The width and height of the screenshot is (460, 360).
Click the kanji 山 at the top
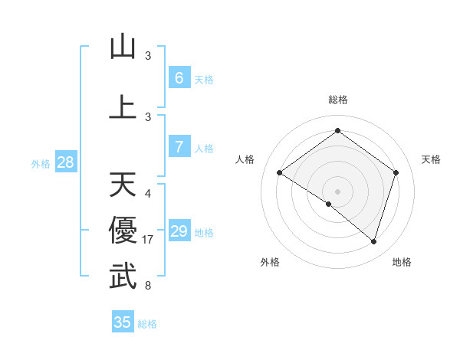[123, 47]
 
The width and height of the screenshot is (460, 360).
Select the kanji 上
[123, 107]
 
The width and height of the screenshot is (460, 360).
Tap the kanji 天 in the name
[123, 185]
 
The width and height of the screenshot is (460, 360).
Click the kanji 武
[123, 277]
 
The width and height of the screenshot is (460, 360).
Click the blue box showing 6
[179, 78]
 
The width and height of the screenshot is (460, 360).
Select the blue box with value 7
[179, 147]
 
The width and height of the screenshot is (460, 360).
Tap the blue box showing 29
[179, 231]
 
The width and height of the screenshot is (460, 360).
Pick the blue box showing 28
[65, 162]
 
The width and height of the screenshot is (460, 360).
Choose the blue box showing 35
[123, 322]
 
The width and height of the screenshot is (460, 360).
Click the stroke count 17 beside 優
[149, 240]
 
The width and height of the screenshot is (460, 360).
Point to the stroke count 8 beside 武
[148, 286]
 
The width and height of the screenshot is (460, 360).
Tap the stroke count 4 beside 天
[148, 194]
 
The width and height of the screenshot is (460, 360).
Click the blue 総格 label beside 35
[147, 324]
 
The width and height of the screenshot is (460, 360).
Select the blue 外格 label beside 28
[40, 164]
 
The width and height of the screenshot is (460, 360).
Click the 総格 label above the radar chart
[337, 100]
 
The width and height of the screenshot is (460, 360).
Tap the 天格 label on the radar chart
[431, 159]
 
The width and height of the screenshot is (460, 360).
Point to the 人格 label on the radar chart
[245, 159]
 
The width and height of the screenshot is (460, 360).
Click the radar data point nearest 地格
[373, 241]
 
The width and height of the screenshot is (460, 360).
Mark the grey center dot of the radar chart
[337, 191]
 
